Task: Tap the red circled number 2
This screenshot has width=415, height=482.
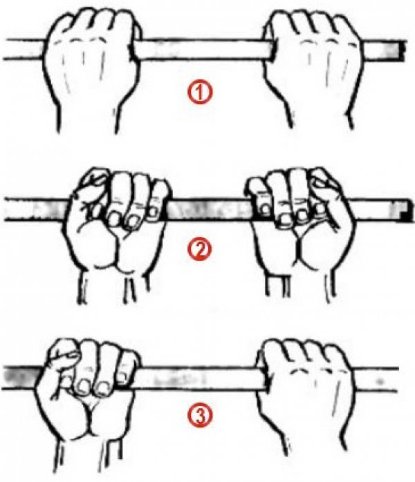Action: point(200,249)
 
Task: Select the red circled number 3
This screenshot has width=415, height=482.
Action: point(200,415)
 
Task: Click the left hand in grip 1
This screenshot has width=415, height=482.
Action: point(91,61)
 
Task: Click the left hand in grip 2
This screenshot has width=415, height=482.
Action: point(117,227)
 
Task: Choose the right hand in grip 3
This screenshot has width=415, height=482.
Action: point(305,394)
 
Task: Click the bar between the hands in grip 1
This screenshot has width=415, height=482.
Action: point(202,49)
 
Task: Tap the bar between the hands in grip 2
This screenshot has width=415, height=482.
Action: point(210,210)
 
